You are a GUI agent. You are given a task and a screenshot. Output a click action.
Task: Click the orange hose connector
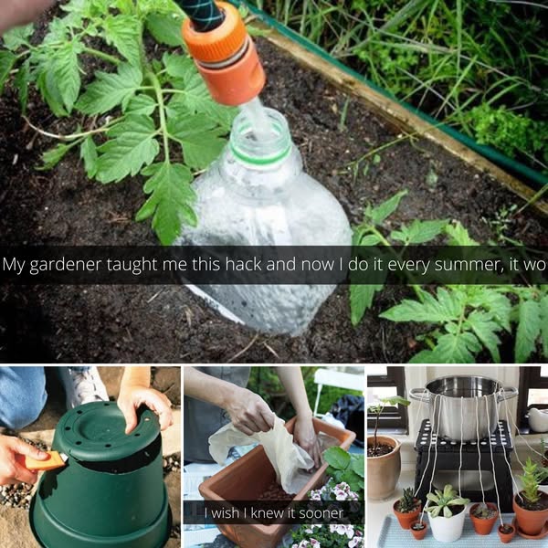[224, 56]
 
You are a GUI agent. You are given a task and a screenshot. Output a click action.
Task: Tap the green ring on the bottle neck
[260, 155]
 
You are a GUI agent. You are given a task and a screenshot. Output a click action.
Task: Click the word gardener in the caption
[65, 266]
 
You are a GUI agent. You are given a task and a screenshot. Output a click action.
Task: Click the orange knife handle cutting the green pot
[46, 461]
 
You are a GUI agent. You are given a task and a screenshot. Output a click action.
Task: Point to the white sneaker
[86, 386]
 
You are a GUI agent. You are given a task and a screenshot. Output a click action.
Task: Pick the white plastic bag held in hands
[266, 451]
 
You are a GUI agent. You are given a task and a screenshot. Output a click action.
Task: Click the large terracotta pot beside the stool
[384, 467]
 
